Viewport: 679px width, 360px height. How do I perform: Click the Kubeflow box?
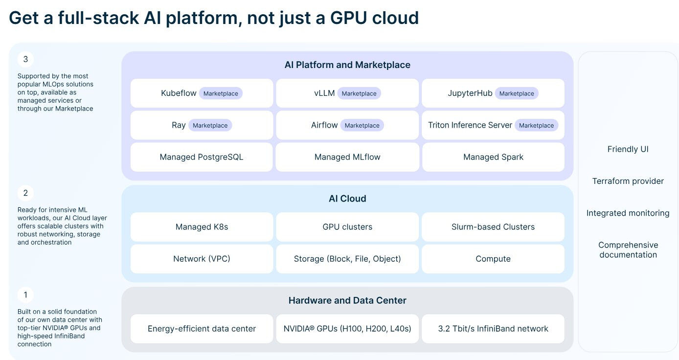[x=202, y=93]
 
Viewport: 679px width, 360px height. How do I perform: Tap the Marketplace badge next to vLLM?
[x=359, y=93]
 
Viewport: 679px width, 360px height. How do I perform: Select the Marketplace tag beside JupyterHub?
[x=517, y=93]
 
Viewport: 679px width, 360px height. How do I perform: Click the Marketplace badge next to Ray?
[x=210, y=125]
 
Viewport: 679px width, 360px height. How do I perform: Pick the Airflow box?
[x=347, y=125]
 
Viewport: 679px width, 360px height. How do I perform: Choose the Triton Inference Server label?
[x=470, y=125]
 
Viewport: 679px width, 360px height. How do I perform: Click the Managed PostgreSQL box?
[x=202, y=157]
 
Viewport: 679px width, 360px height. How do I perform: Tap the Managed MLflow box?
[x=347, y=157]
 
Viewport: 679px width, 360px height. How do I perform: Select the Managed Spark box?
[x=493, y=157]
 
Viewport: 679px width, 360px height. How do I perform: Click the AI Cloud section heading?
[x=347, y=199]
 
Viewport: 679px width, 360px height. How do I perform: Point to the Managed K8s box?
[x=202, y=227]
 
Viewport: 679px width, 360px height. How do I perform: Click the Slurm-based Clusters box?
[x=493, y=227]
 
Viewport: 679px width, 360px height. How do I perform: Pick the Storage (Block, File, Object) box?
[x=347, y=259]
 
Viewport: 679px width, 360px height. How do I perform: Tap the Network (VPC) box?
[x=202, y=259]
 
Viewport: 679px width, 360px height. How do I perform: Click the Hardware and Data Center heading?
[x=347, y=300]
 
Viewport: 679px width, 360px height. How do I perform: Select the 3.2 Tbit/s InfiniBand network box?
[x=493, y=329]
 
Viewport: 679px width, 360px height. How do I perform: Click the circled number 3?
[x=25, y=59]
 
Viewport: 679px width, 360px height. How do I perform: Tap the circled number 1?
[x=25, y=295]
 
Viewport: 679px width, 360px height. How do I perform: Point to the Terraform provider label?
[x=628, y=181]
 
